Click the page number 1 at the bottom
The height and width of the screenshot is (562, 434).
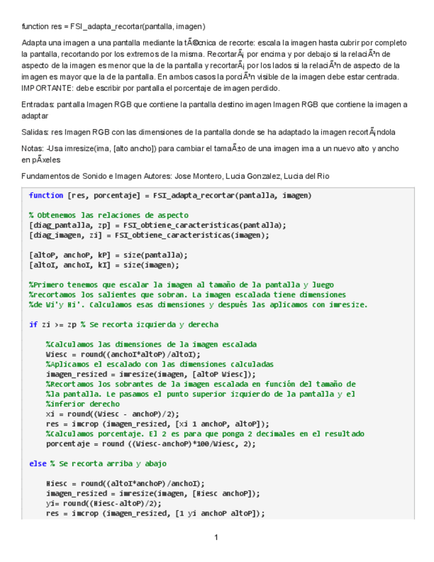(216, 537)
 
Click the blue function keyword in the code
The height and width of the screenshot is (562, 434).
(46, 196)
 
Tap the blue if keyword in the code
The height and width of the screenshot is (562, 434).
(32, 325)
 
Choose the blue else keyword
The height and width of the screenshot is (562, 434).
(37, 463)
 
